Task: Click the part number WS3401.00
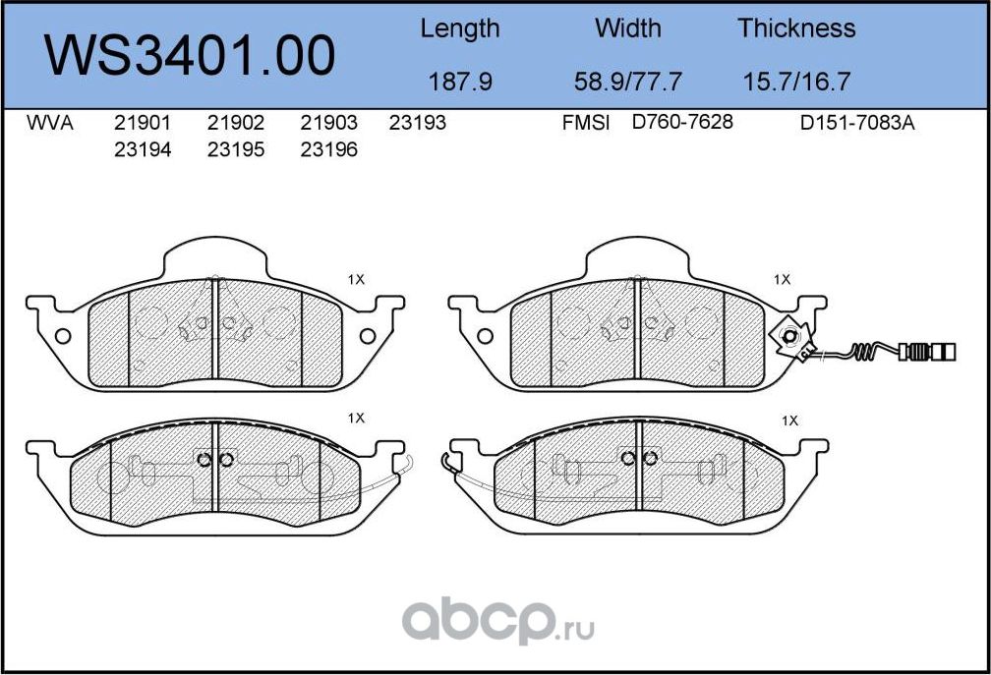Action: click(x=192, y=55)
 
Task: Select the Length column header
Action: click(x=460, y=29)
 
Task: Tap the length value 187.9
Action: click(x=460, y=82)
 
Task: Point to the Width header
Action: click(x=628, y=29)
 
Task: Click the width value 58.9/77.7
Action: click(x=628, y=82)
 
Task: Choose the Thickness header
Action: click(x=796, y=29)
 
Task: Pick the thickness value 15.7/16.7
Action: click(x=796, y=82)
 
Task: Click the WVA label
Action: click(x=49, y=124)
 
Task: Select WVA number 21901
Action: click(x=143, y=124)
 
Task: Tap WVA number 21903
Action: click(x=328, y=124)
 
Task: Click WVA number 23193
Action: click(x=418, y=124)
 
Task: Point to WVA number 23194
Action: click(x=143, y=150)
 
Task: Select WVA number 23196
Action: click(x=328, y=150)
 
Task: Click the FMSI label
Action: click(x=586, y=124)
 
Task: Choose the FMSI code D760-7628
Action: click(x=682, y=124)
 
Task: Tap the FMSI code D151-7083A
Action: click(x=857, y=124)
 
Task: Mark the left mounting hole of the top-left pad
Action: click(x=63, y=336)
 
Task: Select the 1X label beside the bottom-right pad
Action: click(x=788, y=421)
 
